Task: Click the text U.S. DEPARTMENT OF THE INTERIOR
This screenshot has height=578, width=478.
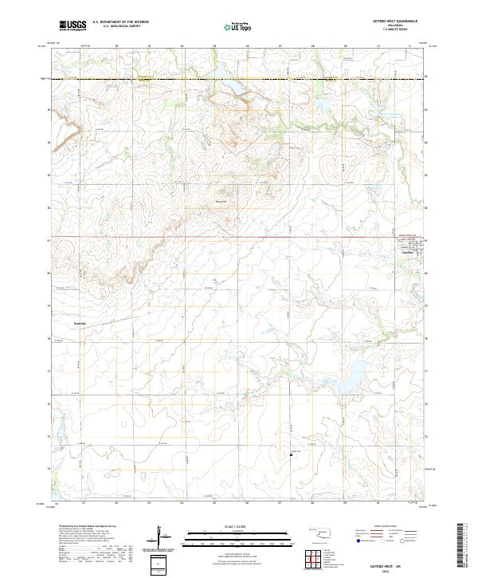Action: [120, 22]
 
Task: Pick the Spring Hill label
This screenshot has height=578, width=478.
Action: [222, 201]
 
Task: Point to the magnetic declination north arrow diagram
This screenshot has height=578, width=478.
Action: [161, 535]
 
